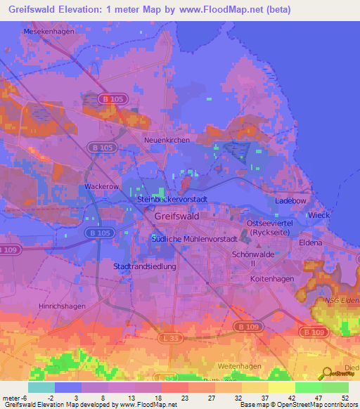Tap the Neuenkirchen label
pos(167,141)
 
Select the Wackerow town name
pos(101,187)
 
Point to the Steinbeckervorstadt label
pos(172,200)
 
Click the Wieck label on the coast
pos(319,214)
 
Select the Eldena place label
pos(310,242)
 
